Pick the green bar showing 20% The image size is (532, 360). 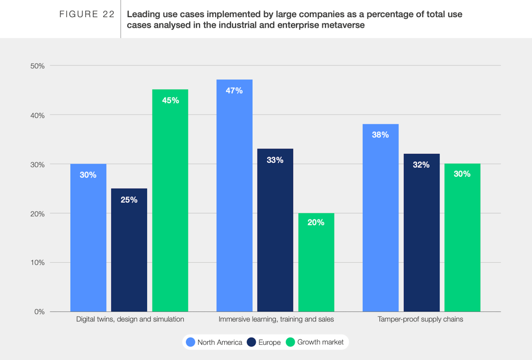click(x=316, y=262)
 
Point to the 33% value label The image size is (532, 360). click(x=275, y=160)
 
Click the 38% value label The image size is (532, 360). click(x=380, y=135)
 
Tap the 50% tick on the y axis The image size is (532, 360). click(x=37, y=66)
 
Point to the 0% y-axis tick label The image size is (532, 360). click(x=39, y=312)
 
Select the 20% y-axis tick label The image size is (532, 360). click(x=37, y=213)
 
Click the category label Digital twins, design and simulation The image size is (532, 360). click(x=130, y=319)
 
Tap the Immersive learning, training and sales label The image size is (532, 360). click(x=276, y=319)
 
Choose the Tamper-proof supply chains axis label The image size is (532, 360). click(x=420, y=319)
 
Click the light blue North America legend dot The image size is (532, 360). click(x=190, y=342)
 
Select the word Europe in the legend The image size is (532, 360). click(x=269, y=342)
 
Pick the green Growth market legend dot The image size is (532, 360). click(x=291, y=342)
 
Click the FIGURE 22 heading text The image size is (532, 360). click(x=87, y=14)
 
